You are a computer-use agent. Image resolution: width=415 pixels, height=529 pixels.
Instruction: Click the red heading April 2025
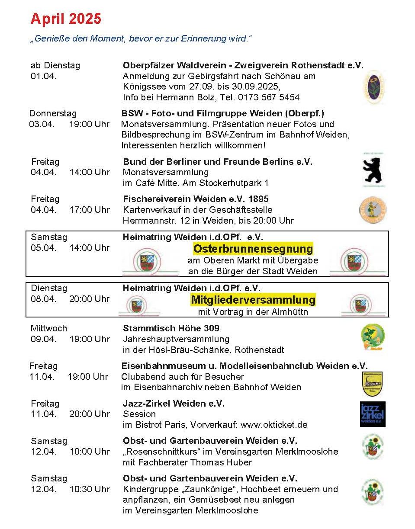tap(66, 19)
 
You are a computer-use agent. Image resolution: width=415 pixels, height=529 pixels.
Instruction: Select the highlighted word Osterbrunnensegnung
tap(253, 249)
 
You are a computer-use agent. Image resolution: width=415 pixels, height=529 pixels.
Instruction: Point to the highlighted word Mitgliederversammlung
tap(253, 299)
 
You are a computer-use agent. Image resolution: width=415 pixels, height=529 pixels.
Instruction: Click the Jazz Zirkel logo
tap(373, 414)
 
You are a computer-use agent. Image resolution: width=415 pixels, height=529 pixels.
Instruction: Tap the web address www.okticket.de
tap(274, 425)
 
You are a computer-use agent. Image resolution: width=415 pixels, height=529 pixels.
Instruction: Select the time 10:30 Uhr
tap(89, 489)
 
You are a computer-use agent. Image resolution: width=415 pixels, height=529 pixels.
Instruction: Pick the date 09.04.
tap(43, 339)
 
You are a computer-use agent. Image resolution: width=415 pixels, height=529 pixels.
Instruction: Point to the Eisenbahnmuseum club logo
tap(372, 384)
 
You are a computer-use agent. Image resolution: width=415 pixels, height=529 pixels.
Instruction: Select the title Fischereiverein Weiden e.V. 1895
tap(196, 199)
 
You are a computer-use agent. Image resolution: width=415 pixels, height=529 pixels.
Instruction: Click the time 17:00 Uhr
tap(89, 210)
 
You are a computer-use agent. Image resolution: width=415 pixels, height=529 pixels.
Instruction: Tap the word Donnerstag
tap(53, 113)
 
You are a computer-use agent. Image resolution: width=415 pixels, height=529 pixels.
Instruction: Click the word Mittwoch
tap(49, 328)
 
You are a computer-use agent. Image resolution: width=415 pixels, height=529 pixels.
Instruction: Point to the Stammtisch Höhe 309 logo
tap(373, 337)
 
